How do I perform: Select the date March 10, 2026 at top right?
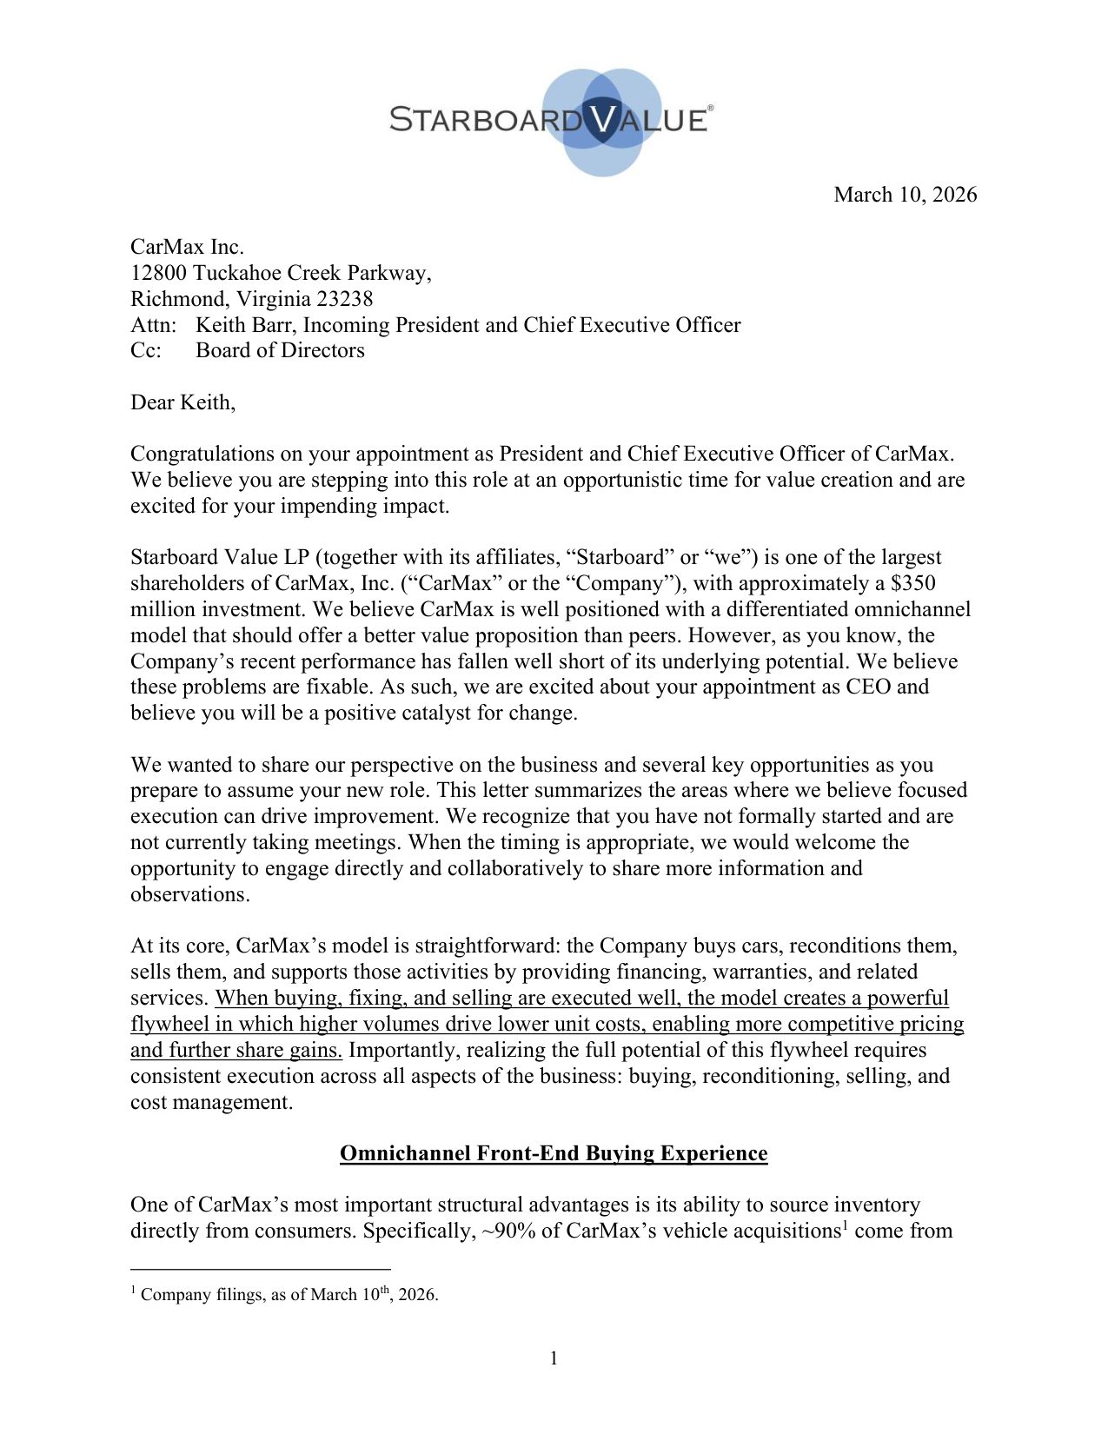tap(905, 195)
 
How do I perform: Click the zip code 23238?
tap(345, 299)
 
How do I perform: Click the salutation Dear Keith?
tap(182, 402)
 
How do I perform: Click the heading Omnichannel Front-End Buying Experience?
tap(554, 1153)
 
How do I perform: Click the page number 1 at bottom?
tap(554, 1358)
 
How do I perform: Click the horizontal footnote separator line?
tap(261, 1269)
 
